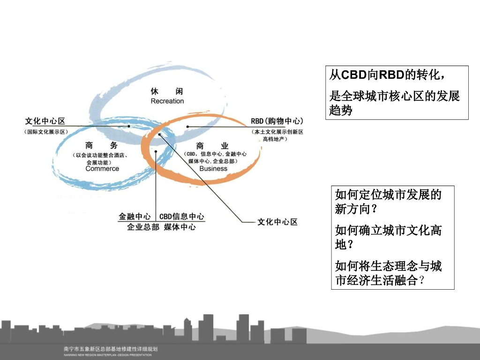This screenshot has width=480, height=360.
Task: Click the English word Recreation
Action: [x=167, y=101]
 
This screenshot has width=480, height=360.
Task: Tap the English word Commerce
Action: [x=102, y=169]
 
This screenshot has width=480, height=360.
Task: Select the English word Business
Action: [x=213, y=169]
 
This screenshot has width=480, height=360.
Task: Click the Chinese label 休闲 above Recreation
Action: [x=167, y=90]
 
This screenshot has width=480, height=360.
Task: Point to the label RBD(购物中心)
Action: [x=277, y=121]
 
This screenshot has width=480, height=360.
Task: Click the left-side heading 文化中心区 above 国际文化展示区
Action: [x=45, y=121]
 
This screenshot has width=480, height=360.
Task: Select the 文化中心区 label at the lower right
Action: [x=277, y=222]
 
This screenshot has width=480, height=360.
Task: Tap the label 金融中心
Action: [x=135, y=217]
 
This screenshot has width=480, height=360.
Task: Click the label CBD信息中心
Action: [x=182, y=217]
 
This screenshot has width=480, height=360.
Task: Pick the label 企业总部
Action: [x=143, y=227]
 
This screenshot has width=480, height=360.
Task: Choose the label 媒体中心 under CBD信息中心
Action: [x=180, y=227]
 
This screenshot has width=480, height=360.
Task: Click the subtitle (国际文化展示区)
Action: [x=46, y=132]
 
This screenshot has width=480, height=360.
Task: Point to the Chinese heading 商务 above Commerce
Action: [x=102, y=146]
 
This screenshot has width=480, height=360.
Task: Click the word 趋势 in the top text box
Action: [x=341, y=111]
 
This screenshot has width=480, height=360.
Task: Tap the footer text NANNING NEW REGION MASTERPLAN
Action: [x=108, y=355]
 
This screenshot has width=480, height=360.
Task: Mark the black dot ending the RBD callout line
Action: [x=187, y=127]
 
